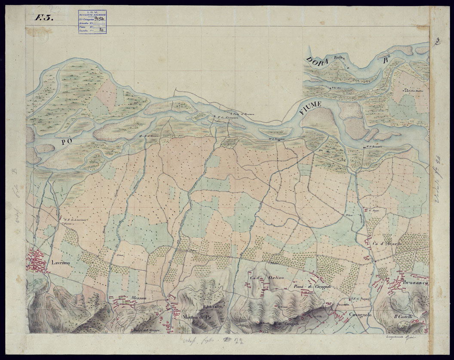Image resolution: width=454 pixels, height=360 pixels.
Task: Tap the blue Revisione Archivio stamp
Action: [93, 21]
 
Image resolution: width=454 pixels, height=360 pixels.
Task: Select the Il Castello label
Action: [403, 317]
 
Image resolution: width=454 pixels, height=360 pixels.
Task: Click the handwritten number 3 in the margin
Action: [437, 41]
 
